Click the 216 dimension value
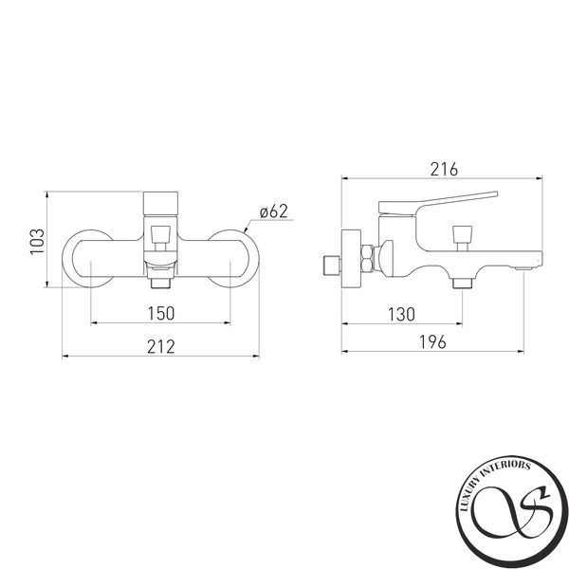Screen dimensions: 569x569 444,170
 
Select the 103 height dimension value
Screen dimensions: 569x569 37,241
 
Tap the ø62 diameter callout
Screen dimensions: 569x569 274,211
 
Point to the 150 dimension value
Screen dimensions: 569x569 161,313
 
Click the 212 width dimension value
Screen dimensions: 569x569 161,346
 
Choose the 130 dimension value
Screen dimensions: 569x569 401,314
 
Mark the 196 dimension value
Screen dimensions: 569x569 432,341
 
